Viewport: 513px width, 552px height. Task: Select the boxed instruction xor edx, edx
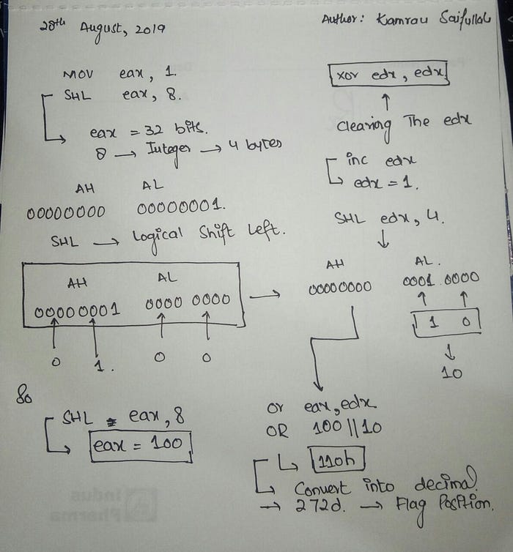pyautogui.click(x=389, y=75)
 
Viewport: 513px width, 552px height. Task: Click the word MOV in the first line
pyautogui.click(x=78, y=74)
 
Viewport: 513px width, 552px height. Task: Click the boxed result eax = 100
pyautogui.click(x=140, y=444)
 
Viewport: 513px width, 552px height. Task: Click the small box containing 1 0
pyautogui.click(x=446, y=322)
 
